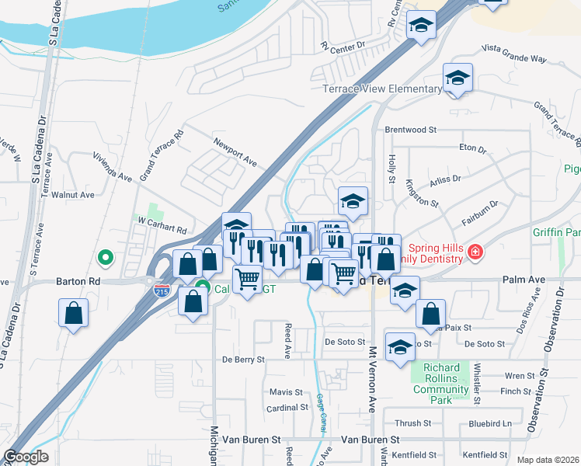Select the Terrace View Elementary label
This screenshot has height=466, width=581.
(382, 89)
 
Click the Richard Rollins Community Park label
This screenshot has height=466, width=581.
(442, 384)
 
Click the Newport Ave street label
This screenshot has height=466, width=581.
(235, 151)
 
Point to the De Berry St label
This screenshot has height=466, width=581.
(244, 360)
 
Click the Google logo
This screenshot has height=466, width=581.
(26, 456)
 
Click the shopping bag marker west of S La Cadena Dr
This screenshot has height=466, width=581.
(73, 315)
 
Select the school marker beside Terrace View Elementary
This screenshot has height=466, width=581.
(458, 78)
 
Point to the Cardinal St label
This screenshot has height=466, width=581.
(287, 408)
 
